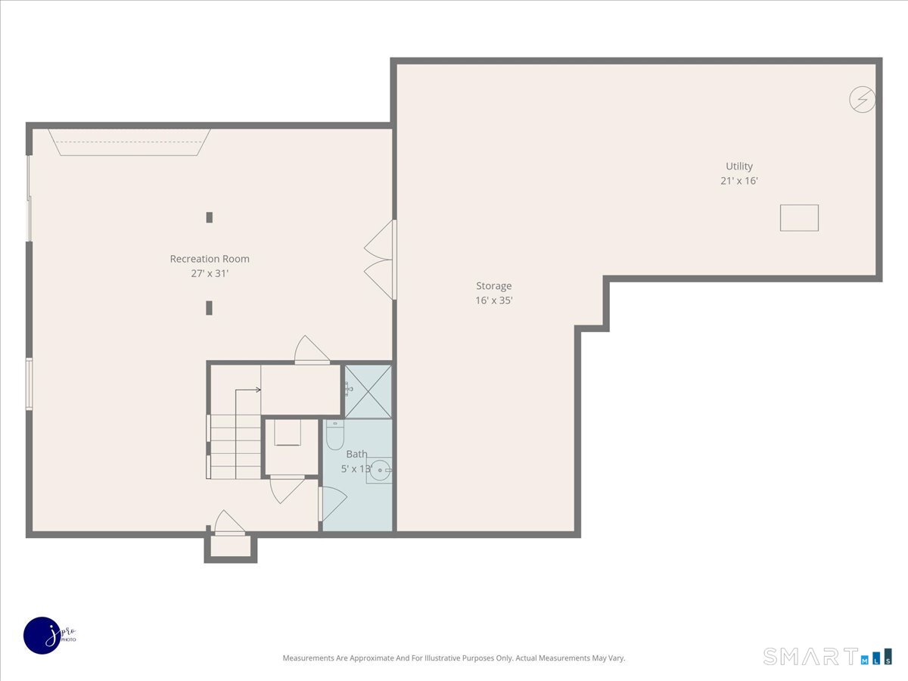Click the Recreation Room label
(210, 259)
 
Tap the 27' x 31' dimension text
(210, 273)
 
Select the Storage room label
(494, 286)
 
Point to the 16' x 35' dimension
(494, 300)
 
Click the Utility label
(739, 166)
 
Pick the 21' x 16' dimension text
(739, 181)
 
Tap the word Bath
(356, 454)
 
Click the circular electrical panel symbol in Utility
(862, 99)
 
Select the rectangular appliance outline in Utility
(799, 218)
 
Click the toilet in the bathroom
(334, 435)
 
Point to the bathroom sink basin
(380, 470)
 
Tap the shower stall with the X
(368, 391)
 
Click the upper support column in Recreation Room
(210, 217)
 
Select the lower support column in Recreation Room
(210, 308)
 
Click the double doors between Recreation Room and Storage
(380, 260)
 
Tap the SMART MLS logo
(827, 656)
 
